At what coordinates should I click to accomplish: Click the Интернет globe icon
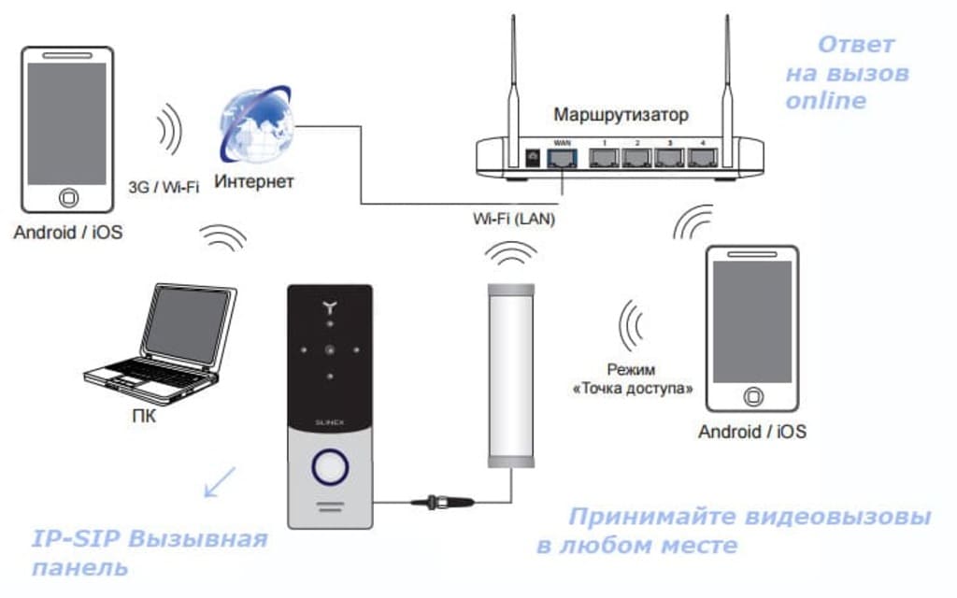(254, 123)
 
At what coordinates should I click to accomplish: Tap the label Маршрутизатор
(621, 115)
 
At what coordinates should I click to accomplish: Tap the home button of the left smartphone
(67, 199)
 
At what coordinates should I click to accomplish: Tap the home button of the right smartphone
(751, 397)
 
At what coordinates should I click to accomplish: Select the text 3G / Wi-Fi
(164, 187)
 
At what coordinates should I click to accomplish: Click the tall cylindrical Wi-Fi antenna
(510, 374)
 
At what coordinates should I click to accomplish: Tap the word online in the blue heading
(825, 101)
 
